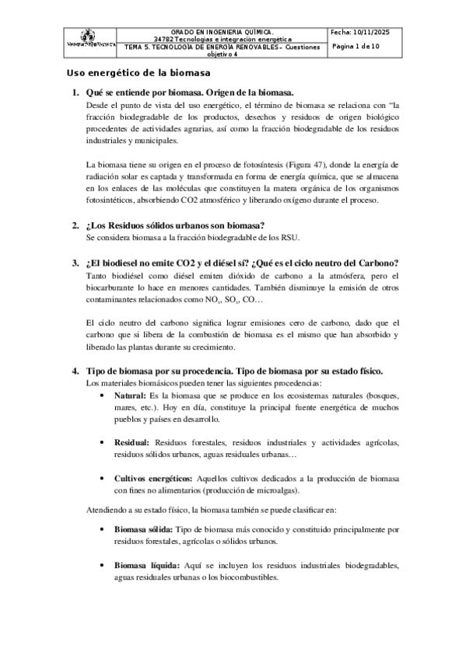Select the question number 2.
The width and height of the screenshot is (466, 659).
coord(75,225)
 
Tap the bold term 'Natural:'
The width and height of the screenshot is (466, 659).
coord(131,395)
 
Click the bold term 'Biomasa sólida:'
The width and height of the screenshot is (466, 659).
coord(144,528)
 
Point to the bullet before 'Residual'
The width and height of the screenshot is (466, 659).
coord(104,442)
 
